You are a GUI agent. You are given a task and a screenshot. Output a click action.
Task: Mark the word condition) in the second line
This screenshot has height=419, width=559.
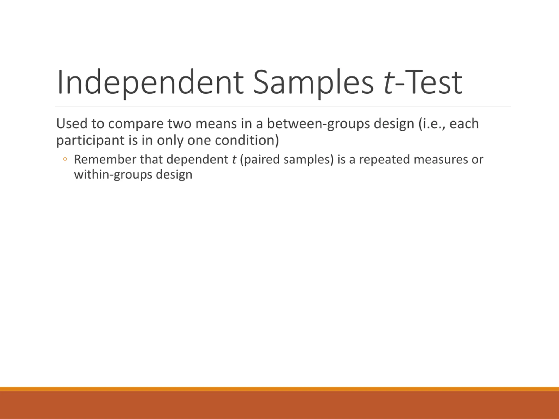(x=247, y=140)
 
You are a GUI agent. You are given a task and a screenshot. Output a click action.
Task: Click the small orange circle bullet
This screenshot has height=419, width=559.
(x=65, y=159)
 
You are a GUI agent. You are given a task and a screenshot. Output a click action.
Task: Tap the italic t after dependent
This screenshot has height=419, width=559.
(x=234, y=160)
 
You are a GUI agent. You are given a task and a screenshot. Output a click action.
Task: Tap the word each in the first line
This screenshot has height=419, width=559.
(x=464, y=124)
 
